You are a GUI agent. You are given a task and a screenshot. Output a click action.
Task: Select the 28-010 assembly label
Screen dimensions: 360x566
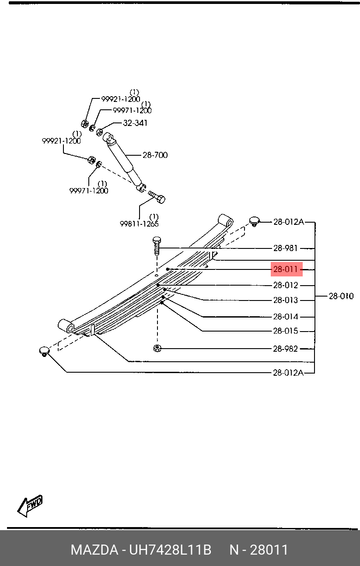click(x=341, y=296)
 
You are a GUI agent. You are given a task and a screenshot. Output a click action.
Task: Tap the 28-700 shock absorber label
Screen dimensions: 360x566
click(x=155, y=155)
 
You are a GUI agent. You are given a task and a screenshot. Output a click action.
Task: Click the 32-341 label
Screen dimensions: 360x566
click(x=135, y=123)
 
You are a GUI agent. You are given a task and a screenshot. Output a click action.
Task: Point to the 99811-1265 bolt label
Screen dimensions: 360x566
click(x=139, y=224)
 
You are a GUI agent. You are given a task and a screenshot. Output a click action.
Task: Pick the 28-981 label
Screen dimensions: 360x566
click(x=286, y=248)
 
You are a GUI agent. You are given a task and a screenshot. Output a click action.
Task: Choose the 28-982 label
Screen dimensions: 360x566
click(x=286, y=349)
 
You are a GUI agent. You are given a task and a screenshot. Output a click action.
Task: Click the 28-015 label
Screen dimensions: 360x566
click(x=286, y=331)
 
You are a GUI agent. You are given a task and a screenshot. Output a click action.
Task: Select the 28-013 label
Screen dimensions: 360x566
click(x=286, y=300)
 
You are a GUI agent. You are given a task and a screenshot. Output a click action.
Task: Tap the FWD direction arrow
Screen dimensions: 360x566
click(x=30, y=506)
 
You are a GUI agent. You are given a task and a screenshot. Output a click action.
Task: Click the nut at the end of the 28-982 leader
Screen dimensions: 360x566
click(x=157, y=349)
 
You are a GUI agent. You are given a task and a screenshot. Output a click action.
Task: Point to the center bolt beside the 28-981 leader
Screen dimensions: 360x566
click(x=157, y=246)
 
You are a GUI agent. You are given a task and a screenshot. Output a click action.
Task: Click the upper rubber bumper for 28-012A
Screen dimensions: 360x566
click(x=255, y=221)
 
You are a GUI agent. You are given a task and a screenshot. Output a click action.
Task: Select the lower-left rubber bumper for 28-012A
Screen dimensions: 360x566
click(x=44, y=352)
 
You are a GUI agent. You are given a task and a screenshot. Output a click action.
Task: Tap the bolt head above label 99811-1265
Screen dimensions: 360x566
click(x=161, y=199)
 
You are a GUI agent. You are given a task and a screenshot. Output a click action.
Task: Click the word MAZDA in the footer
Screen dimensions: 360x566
click(x=95, y=550)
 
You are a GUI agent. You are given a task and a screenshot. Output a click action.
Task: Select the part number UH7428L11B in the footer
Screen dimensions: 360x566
click(x=170, y=550)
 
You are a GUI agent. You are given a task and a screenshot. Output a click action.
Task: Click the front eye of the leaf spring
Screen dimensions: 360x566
click(x=66, y=326)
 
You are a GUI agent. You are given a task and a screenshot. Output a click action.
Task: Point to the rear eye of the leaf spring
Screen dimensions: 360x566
click(x=226, y=220)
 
